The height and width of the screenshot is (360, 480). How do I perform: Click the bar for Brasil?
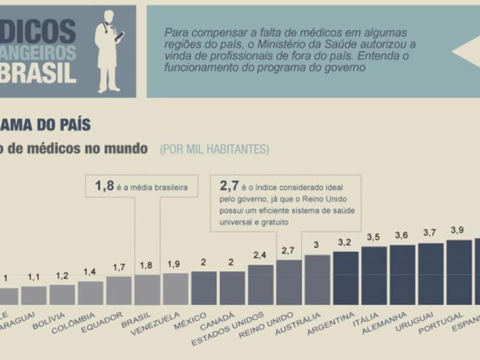(x=147, y=290)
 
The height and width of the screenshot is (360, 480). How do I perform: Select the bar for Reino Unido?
(x=289, y=282)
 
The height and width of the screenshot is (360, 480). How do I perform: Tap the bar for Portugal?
(x=459, y=272)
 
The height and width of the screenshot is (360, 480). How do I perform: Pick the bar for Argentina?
(x=346, y=278)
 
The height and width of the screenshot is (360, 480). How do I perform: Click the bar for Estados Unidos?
(x=260, y=284)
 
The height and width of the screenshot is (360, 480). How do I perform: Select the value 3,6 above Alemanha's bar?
(x=402, y=235)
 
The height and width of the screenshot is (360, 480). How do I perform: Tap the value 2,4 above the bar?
(x=260, y=255)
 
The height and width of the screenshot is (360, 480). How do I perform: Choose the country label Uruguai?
(x=423, y=322)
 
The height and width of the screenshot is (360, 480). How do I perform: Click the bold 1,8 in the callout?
(x=104, y=187)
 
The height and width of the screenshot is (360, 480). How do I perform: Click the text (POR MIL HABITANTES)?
(x=214, y=149)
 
